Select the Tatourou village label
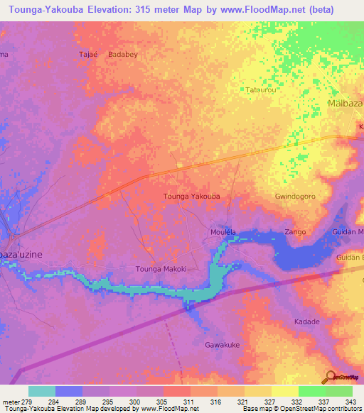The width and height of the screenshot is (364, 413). pyautogui.click(x=261, y=90)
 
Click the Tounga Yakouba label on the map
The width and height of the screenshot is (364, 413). pyautogui.click(x=191, y=196)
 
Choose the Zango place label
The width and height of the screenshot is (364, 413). pyautogui.click(x=295, y=232)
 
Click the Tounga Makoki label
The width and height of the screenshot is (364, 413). pyautogui.click(x=161, y=269)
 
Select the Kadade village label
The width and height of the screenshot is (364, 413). pyautogui.click(x=306, y=321)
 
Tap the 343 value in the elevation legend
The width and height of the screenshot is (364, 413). pyautogui.click(x=352, y=402)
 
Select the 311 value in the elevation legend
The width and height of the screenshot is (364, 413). pyautogui.click(x=191, y=402)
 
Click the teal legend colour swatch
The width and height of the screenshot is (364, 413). pyautogui.click(x=41, y=391)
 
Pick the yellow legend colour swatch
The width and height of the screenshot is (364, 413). pyautogui.click(x=284, y=391)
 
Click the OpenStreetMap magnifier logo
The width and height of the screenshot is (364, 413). pyautogui.click(x=330, y=378)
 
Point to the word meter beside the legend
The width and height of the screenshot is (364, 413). pyautogui.click(x=11, y=402)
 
